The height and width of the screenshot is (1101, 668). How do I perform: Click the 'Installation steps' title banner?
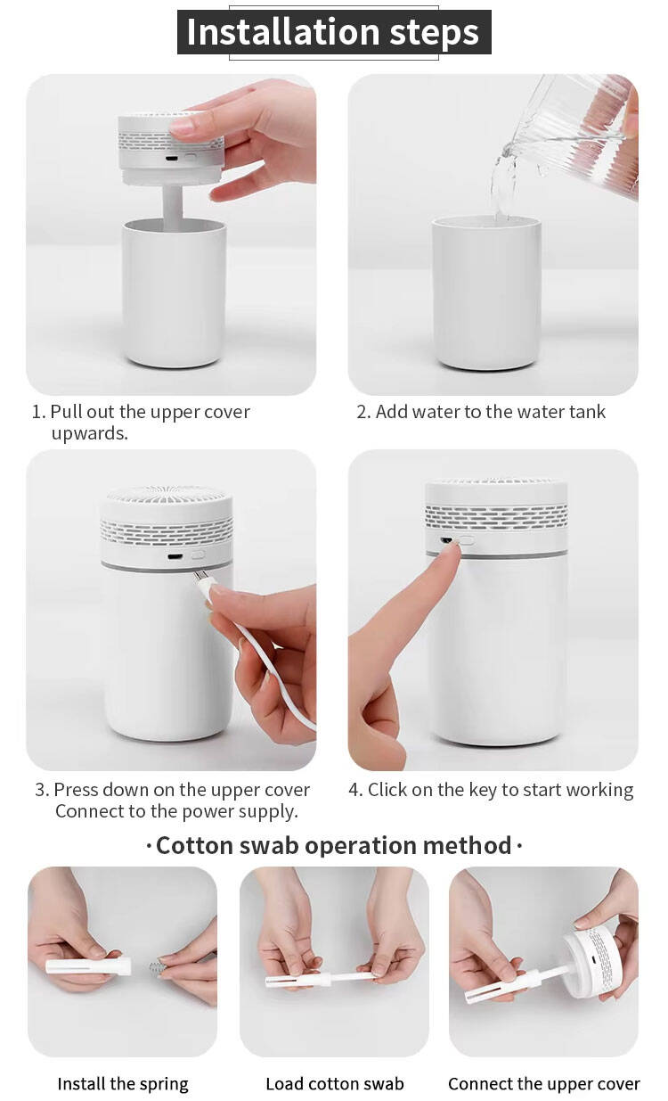[334, 32]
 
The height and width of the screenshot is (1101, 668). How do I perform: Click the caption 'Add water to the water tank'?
[490, 412]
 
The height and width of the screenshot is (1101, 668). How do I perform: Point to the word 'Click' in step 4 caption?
[387, 790]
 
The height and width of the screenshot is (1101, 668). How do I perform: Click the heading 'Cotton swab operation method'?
[334, 846]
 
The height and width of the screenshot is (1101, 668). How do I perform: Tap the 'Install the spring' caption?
[123, 1083]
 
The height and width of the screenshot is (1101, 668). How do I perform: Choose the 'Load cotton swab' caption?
[335, 1083]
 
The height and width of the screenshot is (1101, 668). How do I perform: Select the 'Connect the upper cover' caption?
[543, 1083]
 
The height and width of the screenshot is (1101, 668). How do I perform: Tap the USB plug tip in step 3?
[199, 575]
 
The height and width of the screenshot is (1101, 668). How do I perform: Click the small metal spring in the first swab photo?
[156, 968]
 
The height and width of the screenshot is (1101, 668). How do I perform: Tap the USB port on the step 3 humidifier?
[175, 557]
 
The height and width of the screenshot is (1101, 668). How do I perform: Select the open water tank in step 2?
[487, 293]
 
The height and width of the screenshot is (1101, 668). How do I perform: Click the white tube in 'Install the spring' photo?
[88, 966]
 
